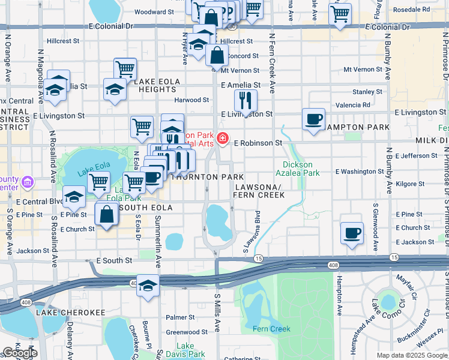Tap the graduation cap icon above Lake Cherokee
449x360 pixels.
tap(148, 287)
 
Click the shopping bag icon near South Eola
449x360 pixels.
tap(107, 215)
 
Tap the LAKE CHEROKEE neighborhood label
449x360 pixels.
tap(70, 313)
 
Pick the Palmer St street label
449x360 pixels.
tap(177, 317)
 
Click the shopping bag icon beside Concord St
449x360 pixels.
tap(217, 56)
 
